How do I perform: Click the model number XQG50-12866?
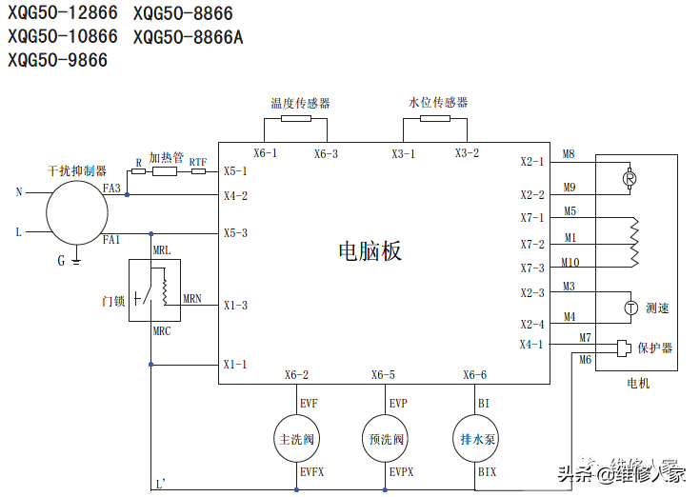coord(63,13)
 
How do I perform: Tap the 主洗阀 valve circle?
coord(296,440)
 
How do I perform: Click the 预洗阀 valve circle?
coord(386,440)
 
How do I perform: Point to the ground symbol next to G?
coord(76,260)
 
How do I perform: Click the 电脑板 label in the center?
coord(370,250)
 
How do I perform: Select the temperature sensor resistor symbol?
coord(296,120)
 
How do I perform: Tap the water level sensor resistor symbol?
coord(435,120)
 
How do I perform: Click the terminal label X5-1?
coord(235,171)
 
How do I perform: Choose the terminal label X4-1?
coord(531,345)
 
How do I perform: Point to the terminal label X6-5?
coord(383,375)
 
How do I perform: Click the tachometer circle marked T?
coord(630,308)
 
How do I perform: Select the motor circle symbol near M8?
coord(630,178)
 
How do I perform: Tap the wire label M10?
coord(570,263)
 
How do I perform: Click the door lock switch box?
coord(154,288)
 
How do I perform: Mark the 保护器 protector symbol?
coord(624,348)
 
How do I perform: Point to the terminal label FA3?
coord(111,189)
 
